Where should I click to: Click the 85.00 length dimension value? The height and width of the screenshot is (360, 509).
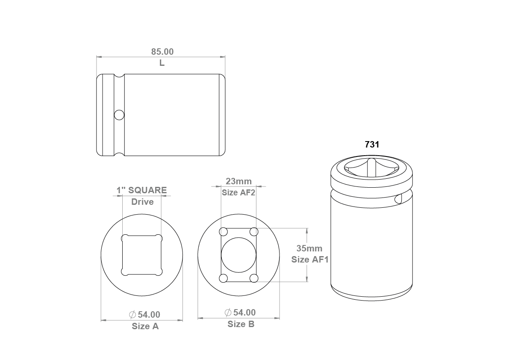[x=162, y=52]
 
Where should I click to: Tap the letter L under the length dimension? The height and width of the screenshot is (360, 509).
[x=162, y=63]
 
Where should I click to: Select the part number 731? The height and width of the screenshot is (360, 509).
[x=372, y=145]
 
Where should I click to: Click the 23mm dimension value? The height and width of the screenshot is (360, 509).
[x=238, y=181]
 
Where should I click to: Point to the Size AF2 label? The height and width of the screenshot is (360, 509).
[x=238, y=192]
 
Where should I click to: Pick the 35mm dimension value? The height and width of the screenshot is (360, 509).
[x=309, y=248]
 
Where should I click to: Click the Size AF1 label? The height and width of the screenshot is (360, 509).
[x=310, y=260]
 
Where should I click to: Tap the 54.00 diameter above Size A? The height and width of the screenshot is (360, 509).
[x=144, y=315]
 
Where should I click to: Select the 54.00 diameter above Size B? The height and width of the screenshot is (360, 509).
[x=240, y=313]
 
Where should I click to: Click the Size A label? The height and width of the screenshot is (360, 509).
[x=145, y=326]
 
